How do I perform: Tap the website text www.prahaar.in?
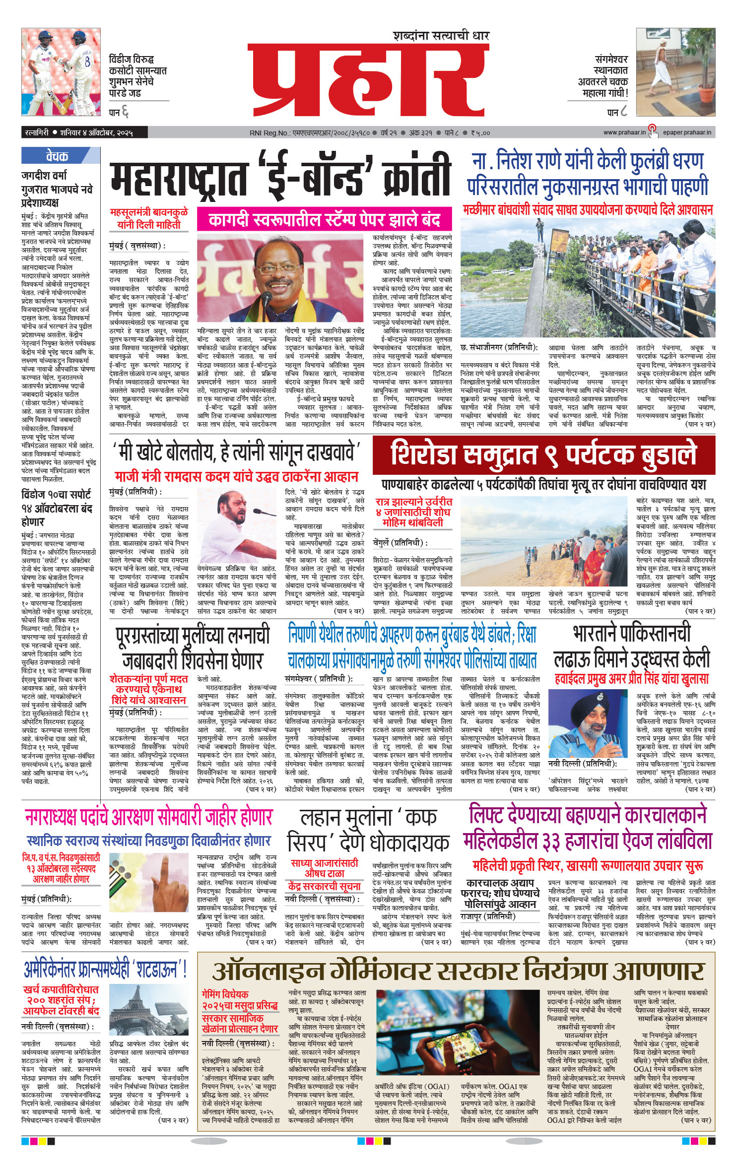[x=624, y=132]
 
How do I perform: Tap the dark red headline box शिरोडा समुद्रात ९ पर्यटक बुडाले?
[x=543, y=455]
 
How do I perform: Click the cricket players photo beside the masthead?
[x=61, y=72]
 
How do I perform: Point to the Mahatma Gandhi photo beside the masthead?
[x=675, y=72]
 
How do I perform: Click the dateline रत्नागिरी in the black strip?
[x=37, y=132]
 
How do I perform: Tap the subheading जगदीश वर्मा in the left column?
[x=44, y=175]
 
